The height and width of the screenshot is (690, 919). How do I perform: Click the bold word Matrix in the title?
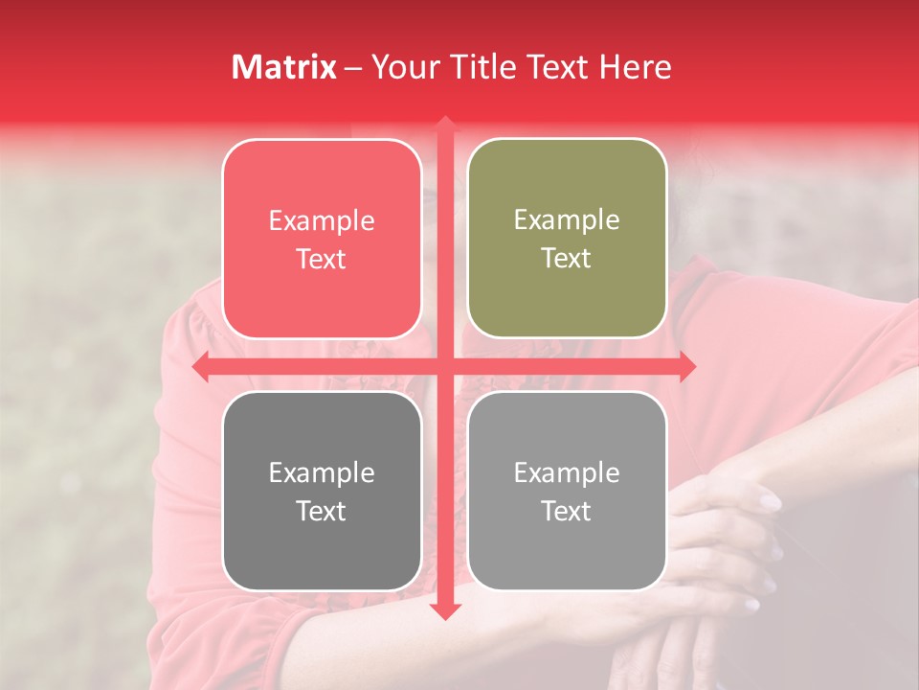(284, 67)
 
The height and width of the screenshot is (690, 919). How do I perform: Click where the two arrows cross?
(444, 367)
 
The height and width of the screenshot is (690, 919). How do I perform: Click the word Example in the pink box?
(322, 221)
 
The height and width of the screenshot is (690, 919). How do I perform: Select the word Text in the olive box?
(567, 259)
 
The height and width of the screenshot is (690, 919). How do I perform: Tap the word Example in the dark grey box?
(322, 472)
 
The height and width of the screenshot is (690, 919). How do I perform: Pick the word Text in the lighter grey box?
(567, 511)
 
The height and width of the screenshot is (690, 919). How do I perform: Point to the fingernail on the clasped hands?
(770, 499)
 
